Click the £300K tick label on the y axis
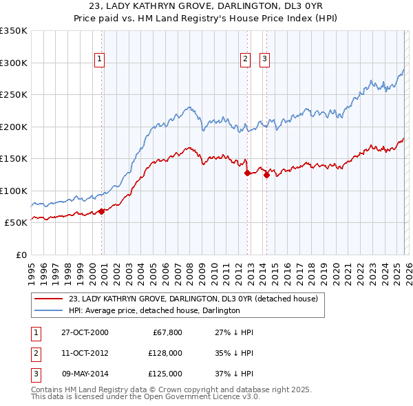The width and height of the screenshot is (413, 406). click(x=14, y=63)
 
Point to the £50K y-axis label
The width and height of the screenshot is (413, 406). click(x=16, y=223)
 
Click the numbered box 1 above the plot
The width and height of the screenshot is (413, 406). click(x=100, y=60)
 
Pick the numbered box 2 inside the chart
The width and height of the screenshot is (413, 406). click(x=245, y=60)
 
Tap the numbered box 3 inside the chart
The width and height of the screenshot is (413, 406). click(x=264, y=60)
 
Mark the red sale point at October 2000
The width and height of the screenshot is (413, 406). click(x=102, y=211)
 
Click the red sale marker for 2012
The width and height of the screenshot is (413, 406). click(x=247, y=173)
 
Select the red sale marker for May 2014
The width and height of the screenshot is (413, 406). click(x=266, y=175)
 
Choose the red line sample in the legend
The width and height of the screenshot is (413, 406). click(x=48, y=299)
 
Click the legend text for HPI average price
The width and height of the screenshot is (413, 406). click(x=153, y=310)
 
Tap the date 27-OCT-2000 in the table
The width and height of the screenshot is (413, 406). click(x=85, y=332)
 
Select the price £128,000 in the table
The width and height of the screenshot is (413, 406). click(x=165, y=353)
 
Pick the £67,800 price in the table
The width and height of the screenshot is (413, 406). click(x=167, y=332)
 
